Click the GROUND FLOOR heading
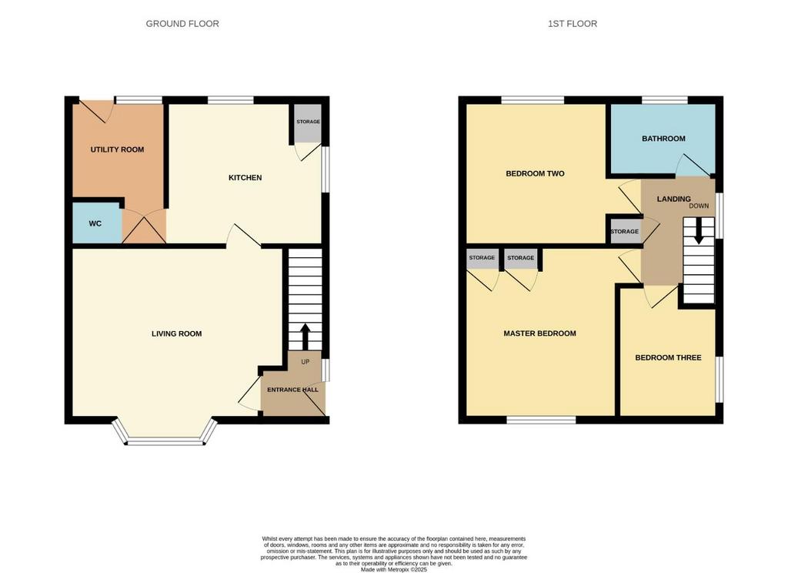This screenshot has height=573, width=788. (182, 24)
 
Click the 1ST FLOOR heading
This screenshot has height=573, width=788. (572, 24)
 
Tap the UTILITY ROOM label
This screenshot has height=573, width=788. (117, 149)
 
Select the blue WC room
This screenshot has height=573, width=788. (96, 224)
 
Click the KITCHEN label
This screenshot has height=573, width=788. (245, 178)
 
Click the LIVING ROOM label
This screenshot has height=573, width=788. (176, 333)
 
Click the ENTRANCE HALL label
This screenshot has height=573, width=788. (292, 390)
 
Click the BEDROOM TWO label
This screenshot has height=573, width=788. (535, 173)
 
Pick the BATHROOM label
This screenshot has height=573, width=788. (663, 139)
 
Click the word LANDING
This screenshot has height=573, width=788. (673, 199)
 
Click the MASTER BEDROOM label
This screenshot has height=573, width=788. (539, 333)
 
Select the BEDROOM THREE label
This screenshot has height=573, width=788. (668, 357)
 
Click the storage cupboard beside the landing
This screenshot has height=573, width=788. (624, 232)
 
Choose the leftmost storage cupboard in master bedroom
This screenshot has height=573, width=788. (482, 259)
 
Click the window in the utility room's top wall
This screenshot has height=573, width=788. (139, 99)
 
